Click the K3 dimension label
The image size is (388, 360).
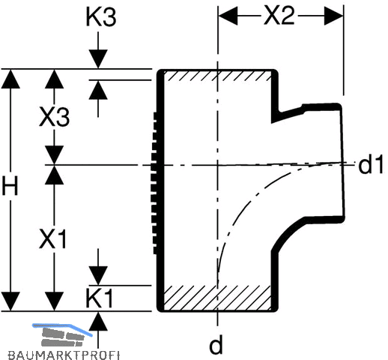101,17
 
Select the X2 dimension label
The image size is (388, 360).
279,16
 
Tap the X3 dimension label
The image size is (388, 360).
55,117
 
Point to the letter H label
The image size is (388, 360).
10,185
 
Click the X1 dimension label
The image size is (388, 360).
53,238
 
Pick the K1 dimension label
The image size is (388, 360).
99,298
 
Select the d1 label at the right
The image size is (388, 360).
371,165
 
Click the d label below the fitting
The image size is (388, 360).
216,344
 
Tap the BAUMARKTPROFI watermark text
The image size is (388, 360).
64,355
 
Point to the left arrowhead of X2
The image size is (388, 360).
228,16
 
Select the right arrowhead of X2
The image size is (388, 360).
334,16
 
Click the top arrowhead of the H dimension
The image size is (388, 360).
10,79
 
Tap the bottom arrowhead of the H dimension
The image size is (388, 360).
10,301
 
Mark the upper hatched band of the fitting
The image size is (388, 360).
217,76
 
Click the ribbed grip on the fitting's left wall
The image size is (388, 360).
154,183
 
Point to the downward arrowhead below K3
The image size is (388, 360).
98,58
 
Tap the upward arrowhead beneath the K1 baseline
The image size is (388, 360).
98,321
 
